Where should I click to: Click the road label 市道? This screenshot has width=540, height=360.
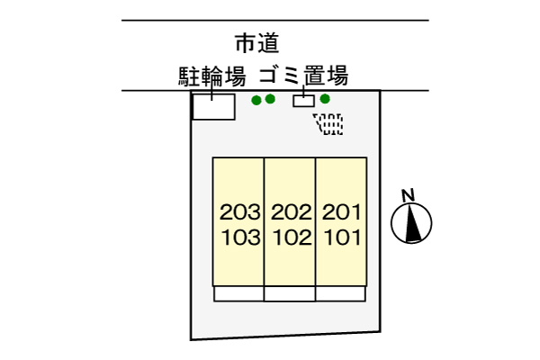256,43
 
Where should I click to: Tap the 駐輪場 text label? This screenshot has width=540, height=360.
212,76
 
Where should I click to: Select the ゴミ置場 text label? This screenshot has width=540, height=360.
303,75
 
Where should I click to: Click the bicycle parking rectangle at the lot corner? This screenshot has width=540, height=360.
213,106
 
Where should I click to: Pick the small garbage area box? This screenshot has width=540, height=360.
304,101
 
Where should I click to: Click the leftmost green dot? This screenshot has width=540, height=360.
256,100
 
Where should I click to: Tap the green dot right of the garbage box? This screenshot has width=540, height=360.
325,99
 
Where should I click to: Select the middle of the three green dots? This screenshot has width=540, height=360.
270,99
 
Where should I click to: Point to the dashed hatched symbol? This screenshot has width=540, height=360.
328,123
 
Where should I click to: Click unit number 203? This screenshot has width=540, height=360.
239,211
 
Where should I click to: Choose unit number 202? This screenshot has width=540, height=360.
291,211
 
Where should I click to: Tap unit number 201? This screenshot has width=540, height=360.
342,211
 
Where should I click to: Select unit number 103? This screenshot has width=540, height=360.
240,238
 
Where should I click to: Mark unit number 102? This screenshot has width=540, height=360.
292,238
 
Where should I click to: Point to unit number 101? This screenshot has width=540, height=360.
343,238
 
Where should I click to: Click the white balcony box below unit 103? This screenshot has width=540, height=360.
238,294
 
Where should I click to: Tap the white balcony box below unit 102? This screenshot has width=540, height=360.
290,294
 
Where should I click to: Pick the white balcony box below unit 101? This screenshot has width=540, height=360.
340,294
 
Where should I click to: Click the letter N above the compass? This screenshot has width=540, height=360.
409,195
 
